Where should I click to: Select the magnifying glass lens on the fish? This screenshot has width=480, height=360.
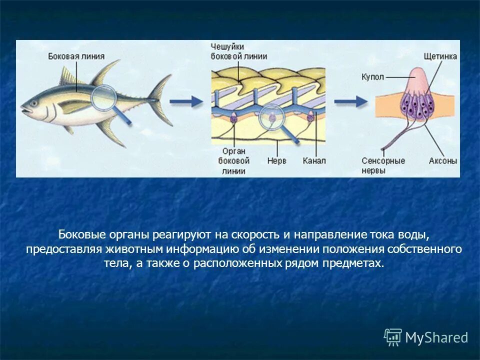click(x=105, y=97)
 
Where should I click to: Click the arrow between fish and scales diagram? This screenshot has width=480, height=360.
click(x=185, y=101)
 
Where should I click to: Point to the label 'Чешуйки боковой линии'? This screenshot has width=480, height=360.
click(x=238, y=51)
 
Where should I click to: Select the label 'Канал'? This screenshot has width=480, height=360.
click(x=314, y=161)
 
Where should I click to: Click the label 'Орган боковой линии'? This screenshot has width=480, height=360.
click(x=234, y=161)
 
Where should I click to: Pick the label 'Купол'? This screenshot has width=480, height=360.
click(x=372, y=77)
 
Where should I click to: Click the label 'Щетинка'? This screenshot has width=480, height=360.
click(x=439, y=56)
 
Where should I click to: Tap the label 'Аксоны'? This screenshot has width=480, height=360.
click(x=442, y=161)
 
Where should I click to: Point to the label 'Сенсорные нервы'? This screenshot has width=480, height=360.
click(x=383, y=165)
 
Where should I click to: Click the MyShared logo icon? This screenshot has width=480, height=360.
click(x=393, y=337)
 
